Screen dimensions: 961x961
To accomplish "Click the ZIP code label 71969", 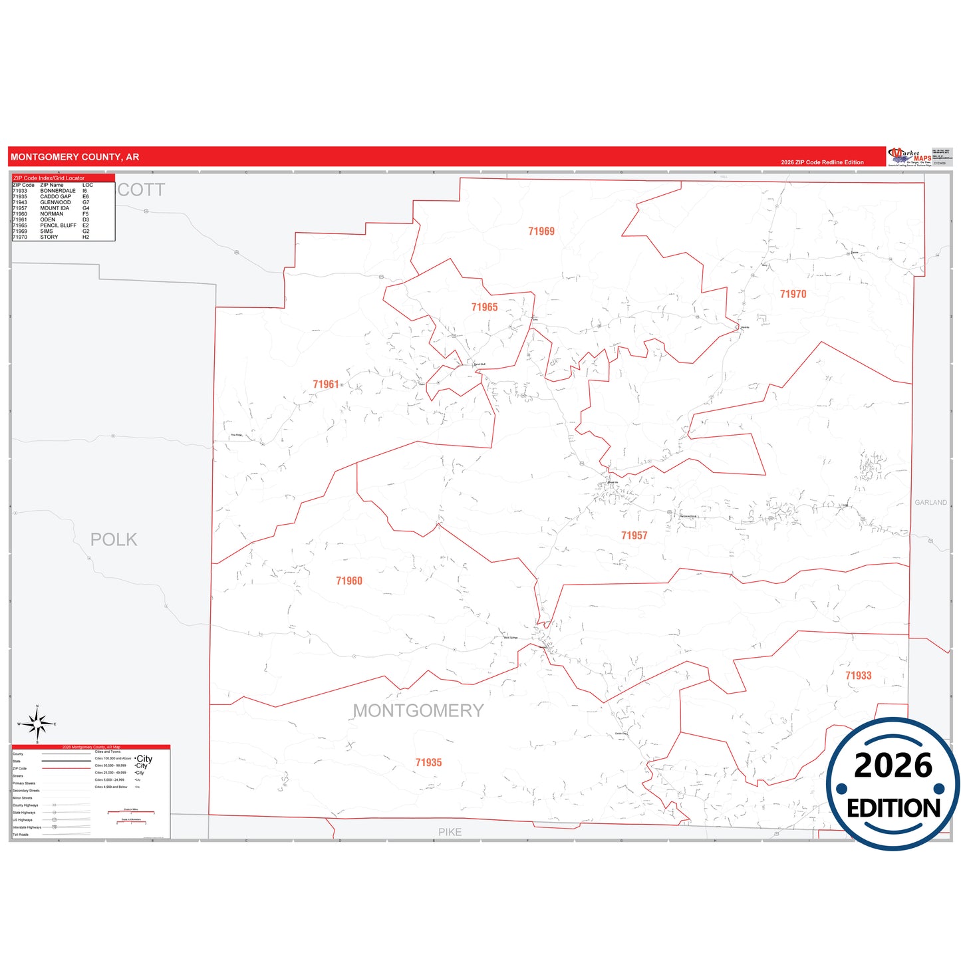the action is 541,231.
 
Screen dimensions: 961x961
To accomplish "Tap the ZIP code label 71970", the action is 793,294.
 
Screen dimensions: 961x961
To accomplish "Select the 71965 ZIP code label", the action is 484,307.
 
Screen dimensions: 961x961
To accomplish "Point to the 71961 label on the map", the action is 326,384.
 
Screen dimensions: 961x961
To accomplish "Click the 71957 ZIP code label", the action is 634,535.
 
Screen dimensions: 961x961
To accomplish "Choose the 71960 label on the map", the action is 349,581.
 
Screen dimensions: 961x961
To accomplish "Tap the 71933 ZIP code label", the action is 858,676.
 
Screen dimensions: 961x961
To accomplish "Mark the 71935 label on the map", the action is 428,763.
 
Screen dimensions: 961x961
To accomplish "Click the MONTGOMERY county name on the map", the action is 418,711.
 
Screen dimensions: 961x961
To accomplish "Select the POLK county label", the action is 114,539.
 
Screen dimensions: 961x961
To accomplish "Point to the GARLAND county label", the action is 930,503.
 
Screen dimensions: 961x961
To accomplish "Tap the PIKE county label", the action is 450,832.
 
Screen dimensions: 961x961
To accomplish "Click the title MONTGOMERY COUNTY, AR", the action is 75,157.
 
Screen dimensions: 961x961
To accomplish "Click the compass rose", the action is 37,724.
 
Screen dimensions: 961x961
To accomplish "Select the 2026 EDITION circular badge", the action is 893,785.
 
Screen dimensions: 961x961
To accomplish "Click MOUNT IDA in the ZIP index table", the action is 55,208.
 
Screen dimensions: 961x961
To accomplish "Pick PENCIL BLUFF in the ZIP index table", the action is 58,225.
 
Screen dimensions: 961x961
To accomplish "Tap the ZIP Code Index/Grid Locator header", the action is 49,178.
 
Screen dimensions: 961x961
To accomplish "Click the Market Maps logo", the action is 909,157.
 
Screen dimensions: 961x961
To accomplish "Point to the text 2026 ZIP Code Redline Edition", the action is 822,162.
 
